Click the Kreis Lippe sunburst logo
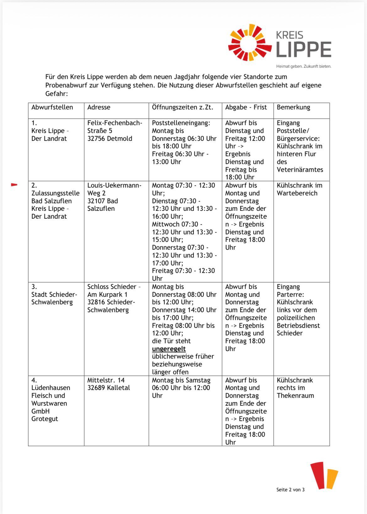point(250,42)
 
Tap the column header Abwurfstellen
point(52,107)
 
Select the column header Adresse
point(99,107)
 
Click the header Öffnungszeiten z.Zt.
point(183,107)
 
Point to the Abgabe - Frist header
point(246,107)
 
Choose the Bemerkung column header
point(293,107)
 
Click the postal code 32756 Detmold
point(110,138)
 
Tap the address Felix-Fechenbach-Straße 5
point(114,127)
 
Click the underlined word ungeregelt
point(169,349)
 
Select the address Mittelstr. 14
point(106,380)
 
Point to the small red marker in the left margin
point(14,185)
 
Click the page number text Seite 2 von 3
point(290,490)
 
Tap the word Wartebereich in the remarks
point(297,193)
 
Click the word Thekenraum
point(295,395)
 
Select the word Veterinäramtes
point(300,169)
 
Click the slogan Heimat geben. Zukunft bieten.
point(304,66)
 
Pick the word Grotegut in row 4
point(45,419)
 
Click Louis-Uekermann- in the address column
point(114,185)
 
